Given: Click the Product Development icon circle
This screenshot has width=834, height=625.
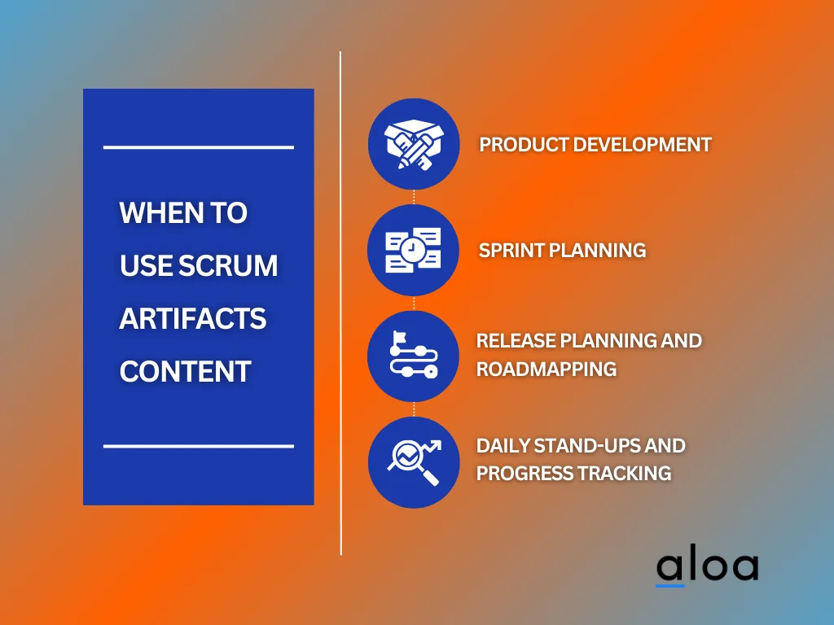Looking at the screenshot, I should click(x=414, y=145).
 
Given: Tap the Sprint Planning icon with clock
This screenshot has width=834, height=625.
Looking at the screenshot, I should click(x=414, y=250).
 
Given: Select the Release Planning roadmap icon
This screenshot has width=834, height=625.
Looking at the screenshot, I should click(x=414, y=356).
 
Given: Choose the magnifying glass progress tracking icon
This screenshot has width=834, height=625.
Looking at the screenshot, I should click(x=414, y=461).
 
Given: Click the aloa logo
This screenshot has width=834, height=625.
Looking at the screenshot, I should click(x=707, y=567).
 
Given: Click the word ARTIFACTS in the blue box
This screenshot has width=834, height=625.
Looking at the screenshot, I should click(x=193, y=318).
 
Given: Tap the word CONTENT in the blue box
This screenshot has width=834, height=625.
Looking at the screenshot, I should click(x=185, y=371).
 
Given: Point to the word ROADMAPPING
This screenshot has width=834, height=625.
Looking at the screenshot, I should click(x=546, y=369).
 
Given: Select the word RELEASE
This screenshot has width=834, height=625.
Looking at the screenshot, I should click(x=515, y=340).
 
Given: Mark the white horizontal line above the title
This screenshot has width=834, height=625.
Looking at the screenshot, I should click(x=198, y=147).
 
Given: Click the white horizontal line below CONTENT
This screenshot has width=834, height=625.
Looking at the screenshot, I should click(x=198, y=446).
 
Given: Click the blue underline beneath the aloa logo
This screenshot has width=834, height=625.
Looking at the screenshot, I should click(x=670, y=585).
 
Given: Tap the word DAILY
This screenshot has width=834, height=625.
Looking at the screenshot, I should click(x=503, y=446).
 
